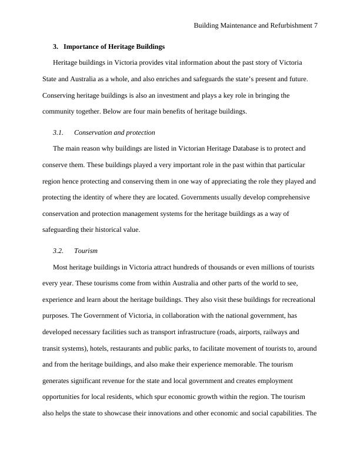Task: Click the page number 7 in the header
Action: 316,26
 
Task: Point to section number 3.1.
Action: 58,132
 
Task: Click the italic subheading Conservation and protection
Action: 115,132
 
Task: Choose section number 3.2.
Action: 58,251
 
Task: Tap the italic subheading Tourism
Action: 86,251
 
